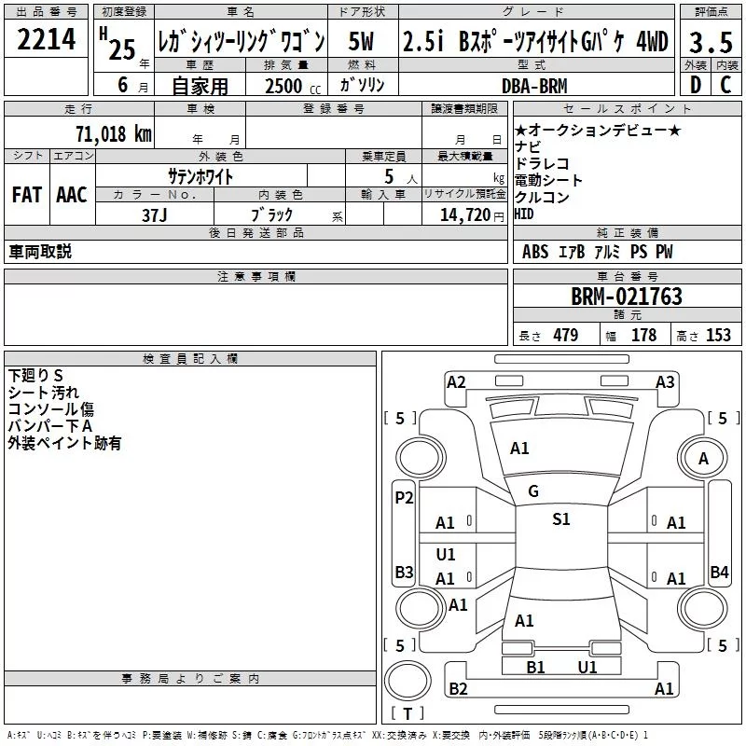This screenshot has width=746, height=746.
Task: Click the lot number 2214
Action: pos(46,39)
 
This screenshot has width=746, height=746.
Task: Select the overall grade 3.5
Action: pos(711,42)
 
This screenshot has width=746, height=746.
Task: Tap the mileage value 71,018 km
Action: pos(114,133)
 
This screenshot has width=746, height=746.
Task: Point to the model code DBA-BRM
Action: pos(534,86)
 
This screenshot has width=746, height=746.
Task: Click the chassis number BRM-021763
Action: pos(627,297)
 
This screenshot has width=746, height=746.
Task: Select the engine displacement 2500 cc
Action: pos(293,86)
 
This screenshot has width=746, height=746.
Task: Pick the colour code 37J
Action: pos(155,215)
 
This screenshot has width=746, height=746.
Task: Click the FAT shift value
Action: pos(27,195)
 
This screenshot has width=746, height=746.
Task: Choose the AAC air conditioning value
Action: pos(72,195)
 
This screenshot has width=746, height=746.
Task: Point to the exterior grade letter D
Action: pos(696,85)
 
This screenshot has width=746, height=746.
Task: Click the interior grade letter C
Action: pos(725,85)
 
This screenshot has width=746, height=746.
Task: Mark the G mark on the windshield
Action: pos(533,491)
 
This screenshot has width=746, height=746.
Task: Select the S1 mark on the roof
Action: pos(561,518)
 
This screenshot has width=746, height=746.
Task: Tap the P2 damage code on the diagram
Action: pos(404,498)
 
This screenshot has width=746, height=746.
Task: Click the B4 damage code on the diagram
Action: pos(719,572)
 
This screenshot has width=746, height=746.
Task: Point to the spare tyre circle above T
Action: pos(408,681)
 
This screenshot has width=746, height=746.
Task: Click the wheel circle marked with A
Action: pos(703,459)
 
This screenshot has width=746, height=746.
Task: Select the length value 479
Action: pos(566,336)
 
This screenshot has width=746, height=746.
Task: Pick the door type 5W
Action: pos(361,41)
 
